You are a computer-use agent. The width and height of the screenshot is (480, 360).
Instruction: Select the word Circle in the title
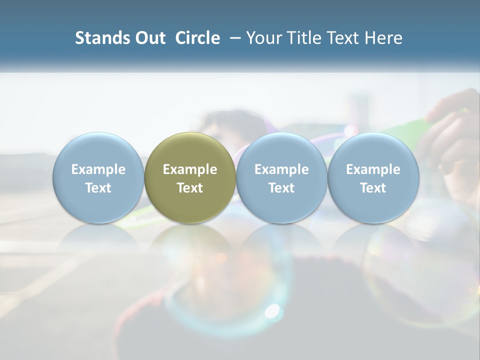tap(197, 38)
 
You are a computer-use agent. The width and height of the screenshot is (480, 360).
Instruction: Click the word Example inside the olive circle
tap(190, 169)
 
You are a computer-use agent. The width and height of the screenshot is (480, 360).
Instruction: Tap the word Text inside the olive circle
tap(190, 188)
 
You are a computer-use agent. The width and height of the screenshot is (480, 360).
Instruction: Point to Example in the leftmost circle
tap(98, 169)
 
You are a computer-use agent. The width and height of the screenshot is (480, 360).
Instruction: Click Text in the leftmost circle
tap(98, 188)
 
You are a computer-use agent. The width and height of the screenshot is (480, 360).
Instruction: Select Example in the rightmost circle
tap(373, 169)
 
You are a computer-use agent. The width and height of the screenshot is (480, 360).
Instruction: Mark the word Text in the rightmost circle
tap(373, 188)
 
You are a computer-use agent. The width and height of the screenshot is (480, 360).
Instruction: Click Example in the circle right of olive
tap(281, 169)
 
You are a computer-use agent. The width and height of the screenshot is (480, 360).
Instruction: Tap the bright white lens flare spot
tap(272, 311)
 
